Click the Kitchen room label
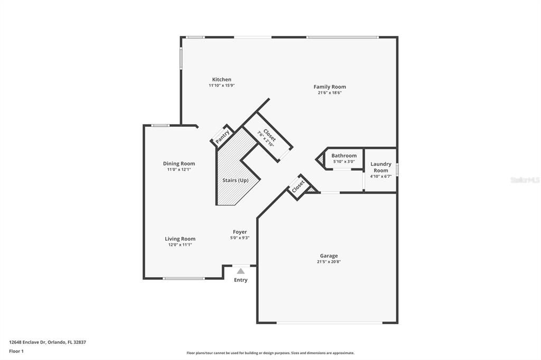221,80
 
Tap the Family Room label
330,87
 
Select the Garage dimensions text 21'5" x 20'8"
329,262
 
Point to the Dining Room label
179,164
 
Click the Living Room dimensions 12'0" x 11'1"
180,245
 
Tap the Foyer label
240,232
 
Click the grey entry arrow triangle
241,271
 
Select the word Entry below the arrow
240,280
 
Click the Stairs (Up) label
235,181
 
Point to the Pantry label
222,136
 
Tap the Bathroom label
344,156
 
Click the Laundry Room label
381,167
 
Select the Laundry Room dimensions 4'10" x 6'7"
380,176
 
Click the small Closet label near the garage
299,186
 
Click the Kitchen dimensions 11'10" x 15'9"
221,86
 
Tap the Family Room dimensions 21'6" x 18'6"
330,93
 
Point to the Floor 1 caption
16,351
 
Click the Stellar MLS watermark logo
525,180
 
